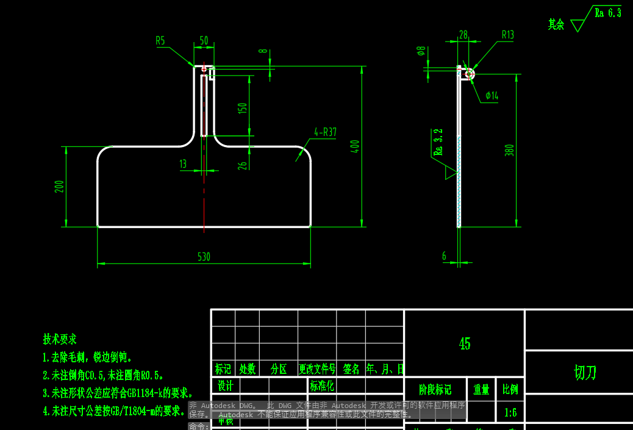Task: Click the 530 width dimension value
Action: pos(204,257)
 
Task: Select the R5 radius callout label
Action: pos(160,41)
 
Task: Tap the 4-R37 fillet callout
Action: pos(326,132)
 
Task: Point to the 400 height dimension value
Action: pos(356,146)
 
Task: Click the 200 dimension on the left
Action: pos(59,187)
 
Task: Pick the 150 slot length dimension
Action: pos(243,109)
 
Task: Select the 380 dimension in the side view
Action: pos(510,150)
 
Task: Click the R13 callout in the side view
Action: pos(508,35)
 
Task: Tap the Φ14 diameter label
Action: pos(492,96)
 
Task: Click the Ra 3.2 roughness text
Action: pos(438,142)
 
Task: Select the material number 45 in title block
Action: pos(465,344)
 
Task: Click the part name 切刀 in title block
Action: pos(585,373)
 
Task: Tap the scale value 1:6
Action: pos(510,413)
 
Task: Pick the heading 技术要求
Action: pos(60,339)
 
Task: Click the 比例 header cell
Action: pos(510,389)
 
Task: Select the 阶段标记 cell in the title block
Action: pos(435,389)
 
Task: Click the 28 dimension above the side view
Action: pos(463,35)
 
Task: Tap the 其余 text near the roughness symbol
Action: pos(556,24)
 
